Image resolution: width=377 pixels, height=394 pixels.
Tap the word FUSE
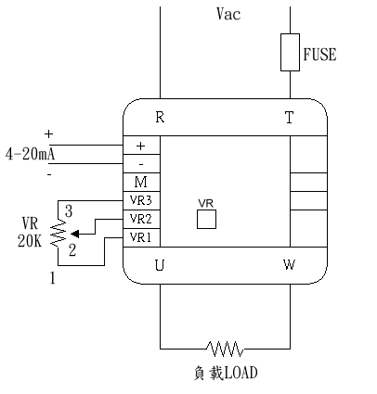point(319,55)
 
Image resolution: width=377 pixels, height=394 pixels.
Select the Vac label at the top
point(228,14)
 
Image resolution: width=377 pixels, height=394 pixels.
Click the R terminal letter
point(160,117)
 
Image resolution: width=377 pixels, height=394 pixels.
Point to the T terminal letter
point(289,118)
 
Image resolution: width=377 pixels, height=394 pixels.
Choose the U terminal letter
point(160,265)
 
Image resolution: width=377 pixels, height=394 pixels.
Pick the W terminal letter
point(289,265)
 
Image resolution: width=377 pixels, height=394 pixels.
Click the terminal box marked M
point(141,182)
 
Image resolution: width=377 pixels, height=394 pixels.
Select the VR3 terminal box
point(141,200)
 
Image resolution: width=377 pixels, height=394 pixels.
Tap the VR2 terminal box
point(141,219)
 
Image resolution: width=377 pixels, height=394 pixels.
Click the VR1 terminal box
point(141,237)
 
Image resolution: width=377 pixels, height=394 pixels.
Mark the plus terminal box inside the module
point(141,145)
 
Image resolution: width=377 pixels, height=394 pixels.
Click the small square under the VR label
point(206,219)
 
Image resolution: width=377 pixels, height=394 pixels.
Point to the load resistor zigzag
point(225,349)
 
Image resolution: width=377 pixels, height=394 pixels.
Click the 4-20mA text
point(30,154)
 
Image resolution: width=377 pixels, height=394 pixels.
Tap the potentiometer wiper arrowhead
point(75,234)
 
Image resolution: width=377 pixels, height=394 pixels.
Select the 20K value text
point(30,241)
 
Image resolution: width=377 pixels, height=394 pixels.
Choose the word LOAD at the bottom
point(240,373)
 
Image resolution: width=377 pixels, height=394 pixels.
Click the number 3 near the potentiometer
point(69,211)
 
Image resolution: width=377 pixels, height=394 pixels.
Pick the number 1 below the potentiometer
point(53,278)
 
